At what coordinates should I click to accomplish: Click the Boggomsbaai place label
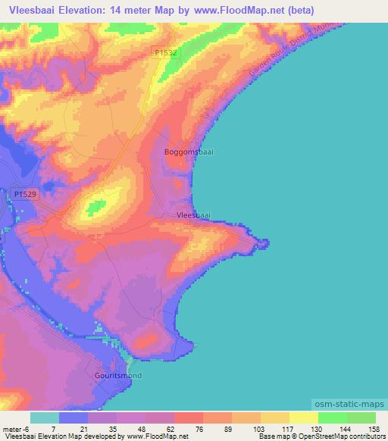pos(189,152)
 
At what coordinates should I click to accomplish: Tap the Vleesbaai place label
pos(192,215)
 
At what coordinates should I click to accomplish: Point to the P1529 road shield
pos(25,195)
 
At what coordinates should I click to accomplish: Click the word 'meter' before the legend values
pos(13,428)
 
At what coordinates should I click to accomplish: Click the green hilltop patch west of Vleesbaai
pos(96,205)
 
